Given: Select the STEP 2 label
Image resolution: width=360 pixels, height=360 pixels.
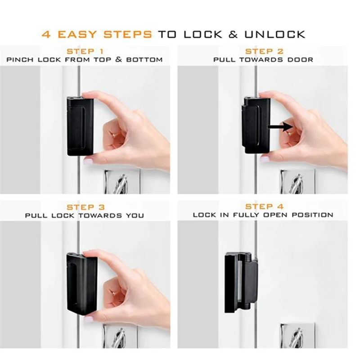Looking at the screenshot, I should [x=264, y=51].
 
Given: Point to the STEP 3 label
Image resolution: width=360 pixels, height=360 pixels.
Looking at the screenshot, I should [x=85, y=207].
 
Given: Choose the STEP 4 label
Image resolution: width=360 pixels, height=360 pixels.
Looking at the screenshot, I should [x=264, y=207].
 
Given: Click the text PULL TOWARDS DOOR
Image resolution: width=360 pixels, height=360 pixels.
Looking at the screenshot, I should [x=263, y=59].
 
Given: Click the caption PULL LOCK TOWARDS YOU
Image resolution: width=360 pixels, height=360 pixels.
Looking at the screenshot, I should [x=85, y=216].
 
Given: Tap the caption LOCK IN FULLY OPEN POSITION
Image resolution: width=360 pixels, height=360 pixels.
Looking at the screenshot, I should [x=263, y=215].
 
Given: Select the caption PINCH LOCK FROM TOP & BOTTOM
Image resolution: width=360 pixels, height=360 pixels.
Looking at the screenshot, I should [x=85, y=59].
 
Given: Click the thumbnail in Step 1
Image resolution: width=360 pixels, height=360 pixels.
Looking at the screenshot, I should [x=88, y=161].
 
